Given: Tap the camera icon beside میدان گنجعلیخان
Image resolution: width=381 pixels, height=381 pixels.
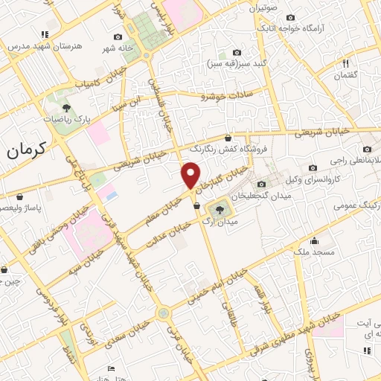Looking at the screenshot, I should click(261, 185).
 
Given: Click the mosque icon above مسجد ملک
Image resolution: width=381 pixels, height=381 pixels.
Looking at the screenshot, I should click(316, 240).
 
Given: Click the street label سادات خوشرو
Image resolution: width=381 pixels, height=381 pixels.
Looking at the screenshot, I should click(225, 95).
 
